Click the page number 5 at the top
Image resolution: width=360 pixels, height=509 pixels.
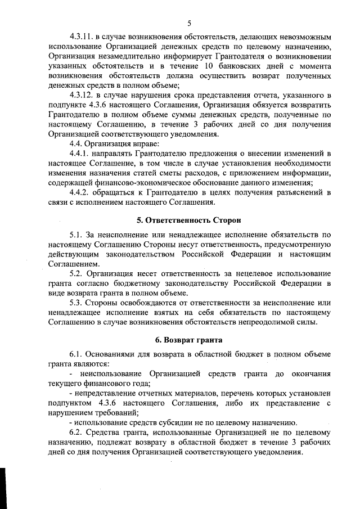(190, 23)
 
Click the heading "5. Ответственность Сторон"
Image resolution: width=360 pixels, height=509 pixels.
(189, 220)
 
